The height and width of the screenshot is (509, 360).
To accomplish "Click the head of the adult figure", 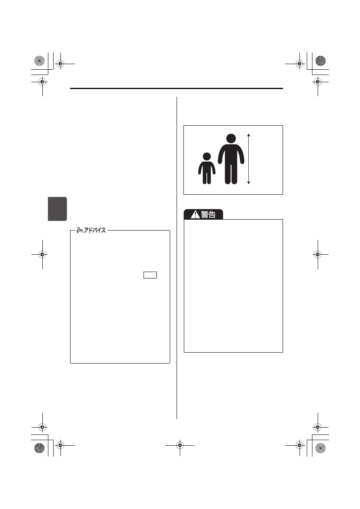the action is (x=231, y=138).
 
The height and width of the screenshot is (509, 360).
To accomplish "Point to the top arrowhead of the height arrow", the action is (x=249, y=135).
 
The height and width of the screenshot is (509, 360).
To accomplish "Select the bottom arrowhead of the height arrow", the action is (x=249, y=183).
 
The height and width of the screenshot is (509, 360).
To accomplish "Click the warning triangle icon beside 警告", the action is (x=195, y=214).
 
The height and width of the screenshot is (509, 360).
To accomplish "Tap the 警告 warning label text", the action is (x=208, y=214).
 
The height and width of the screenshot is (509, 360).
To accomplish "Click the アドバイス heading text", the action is (x=95, y=231).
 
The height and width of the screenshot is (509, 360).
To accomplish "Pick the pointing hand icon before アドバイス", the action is (x=80, y=230).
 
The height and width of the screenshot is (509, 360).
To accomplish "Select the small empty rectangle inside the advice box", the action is (x=150, y=275).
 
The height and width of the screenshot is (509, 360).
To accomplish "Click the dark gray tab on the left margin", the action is (x=57, y=209).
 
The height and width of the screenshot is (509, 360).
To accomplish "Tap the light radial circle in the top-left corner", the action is (x=40, y=61).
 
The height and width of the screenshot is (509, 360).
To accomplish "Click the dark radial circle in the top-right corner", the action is (x=320, y=61).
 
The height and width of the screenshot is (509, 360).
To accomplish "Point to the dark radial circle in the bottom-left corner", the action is (x=40, y=448).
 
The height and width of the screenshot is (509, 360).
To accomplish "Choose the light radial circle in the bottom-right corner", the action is (x=320, y=448).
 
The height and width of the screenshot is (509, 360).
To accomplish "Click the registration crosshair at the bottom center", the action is (x=180, y=445).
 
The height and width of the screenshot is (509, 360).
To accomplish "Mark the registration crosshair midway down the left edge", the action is (x=42, y=255).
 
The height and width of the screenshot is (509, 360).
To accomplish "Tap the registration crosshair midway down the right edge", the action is (x=318, y=255).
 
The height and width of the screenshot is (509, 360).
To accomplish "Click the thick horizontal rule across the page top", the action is (x=176, y=88).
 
